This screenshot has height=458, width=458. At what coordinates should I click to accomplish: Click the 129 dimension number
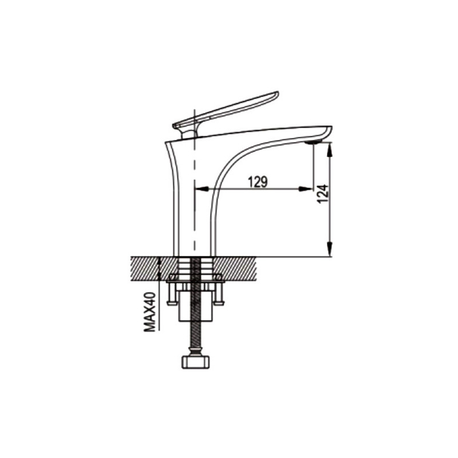point(258,181)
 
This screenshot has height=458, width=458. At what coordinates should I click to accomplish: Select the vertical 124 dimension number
point(322,194)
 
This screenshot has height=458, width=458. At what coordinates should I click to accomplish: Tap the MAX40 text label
point(150,312)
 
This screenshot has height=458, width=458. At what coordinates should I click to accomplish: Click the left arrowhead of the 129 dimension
point(202,189)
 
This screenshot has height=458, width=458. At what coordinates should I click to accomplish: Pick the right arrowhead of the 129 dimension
point(306,189)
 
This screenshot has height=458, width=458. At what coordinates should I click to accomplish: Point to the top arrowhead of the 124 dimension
point(330,149)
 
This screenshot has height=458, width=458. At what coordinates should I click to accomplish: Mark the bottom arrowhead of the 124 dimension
point(330,249)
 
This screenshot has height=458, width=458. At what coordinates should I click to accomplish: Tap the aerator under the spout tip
point(313,142)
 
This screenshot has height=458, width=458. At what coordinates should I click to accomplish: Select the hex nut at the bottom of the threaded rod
point(196,362)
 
